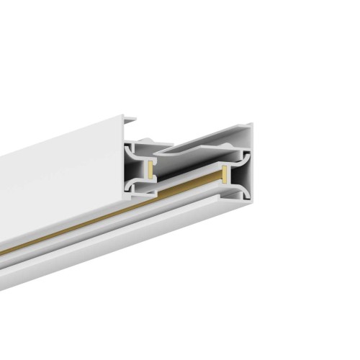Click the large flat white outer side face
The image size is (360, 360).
click(58, 187)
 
